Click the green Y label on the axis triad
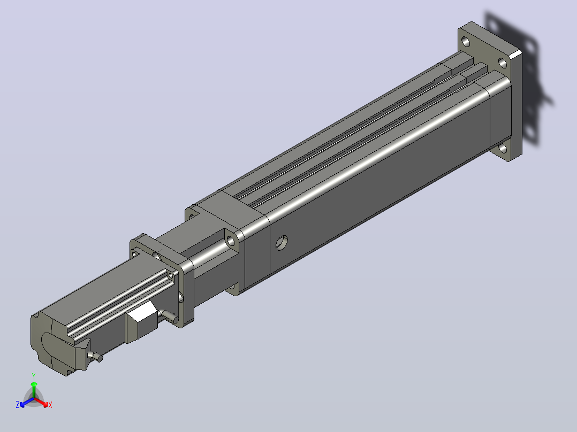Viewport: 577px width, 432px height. coord(34,376)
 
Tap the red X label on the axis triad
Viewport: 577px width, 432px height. coord(50,405)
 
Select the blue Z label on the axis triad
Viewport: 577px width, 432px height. coord(17,405)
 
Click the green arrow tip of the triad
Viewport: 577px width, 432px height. coord(34,384)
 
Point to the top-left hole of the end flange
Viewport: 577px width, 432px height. coord(466,41)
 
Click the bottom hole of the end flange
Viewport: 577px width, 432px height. coord(503,149)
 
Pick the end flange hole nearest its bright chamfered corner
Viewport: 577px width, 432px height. coord(503,63)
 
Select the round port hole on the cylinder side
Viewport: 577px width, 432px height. coord(282,243)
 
